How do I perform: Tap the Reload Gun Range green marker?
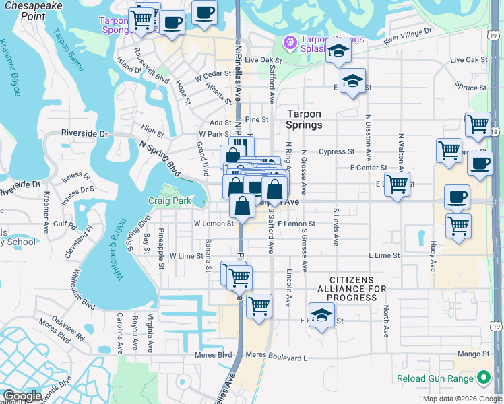(x=482, y=379)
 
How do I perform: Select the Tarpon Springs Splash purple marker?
(x=290, y=42)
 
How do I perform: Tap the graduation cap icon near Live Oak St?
(x=338, y=51)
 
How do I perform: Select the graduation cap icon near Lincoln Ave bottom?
(x=321, y=315)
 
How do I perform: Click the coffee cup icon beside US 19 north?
(x=479, y=164)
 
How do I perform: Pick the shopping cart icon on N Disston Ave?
(x=398, y=182)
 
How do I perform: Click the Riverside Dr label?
(x=84, y=134)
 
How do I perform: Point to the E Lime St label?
(x=384, y=256)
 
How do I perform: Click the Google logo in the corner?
(x=22, y=396)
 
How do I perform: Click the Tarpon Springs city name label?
(x=304, y=119)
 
